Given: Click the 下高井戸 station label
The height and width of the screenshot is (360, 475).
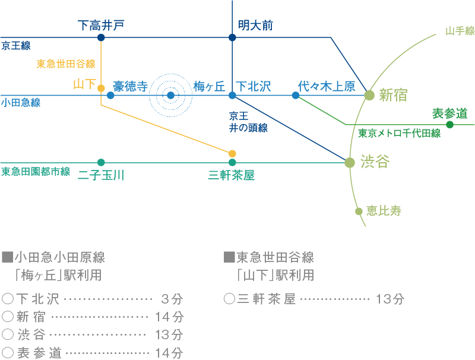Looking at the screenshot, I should tap(102, 26).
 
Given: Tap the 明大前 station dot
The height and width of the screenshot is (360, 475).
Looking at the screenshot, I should tap(232, 37).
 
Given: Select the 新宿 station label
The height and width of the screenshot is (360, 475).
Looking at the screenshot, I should tap(393, 95).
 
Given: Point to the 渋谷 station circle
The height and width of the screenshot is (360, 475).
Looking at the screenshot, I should tap(350, 162).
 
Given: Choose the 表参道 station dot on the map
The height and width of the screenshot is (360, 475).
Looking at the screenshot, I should tap(449, 125).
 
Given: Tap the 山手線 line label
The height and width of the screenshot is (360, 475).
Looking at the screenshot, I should tap(460, 31).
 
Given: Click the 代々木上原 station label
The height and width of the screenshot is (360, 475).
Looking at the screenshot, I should tap(327, 87).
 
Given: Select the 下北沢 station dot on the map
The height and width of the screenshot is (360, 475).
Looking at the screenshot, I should tap(232, 95).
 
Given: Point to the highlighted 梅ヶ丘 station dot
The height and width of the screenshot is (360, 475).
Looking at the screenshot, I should tap(171, 95).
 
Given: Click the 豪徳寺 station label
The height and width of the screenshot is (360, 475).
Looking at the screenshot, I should tap(131, 87).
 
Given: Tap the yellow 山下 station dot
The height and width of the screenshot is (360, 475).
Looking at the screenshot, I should tap(102, 89).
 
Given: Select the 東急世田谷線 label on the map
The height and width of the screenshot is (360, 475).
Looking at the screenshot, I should tap(66, 64).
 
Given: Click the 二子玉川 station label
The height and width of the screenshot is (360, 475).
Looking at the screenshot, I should tap(101, 175).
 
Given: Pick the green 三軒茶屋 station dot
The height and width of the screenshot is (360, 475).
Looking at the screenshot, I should tap(232, 162).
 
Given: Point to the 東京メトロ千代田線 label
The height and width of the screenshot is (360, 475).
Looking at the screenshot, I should tap(399, 134).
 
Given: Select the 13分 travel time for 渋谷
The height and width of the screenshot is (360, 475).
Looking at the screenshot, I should tap(169, 335).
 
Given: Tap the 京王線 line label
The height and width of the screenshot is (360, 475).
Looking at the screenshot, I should tap(16, 46).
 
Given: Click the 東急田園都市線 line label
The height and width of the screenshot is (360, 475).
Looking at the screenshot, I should tap(36, 172).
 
